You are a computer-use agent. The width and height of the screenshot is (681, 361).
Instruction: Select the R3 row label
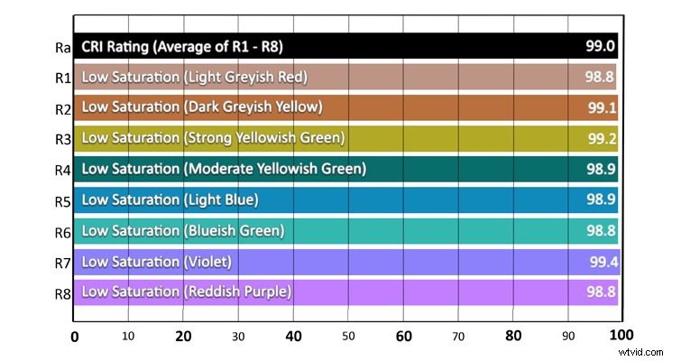pos(61,140)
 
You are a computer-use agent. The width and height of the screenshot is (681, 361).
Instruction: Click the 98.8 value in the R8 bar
pos(600,292)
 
